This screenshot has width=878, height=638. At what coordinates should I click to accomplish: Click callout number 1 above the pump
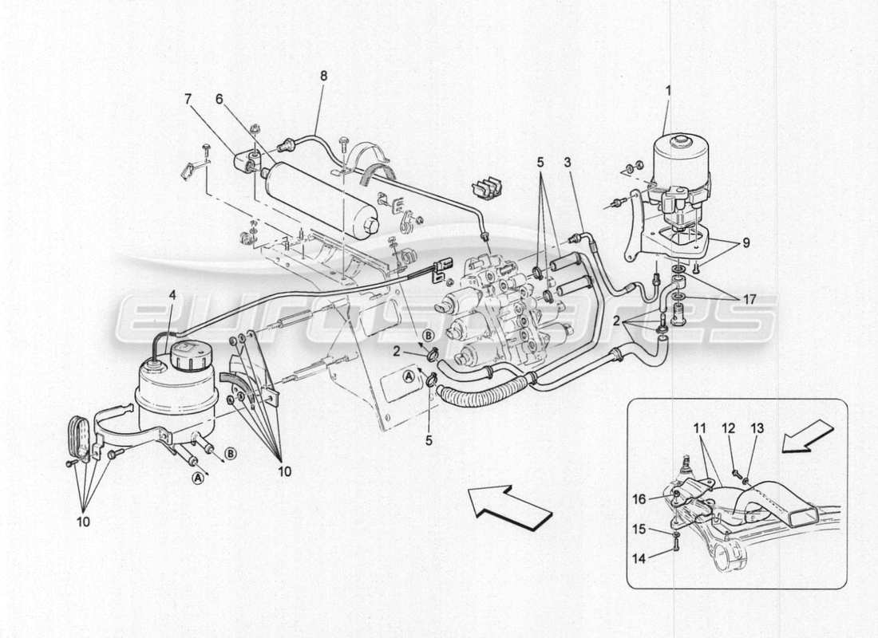668,91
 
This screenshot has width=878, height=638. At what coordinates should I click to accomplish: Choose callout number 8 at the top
323,76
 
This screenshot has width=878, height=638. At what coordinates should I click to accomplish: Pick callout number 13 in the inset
757,428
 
